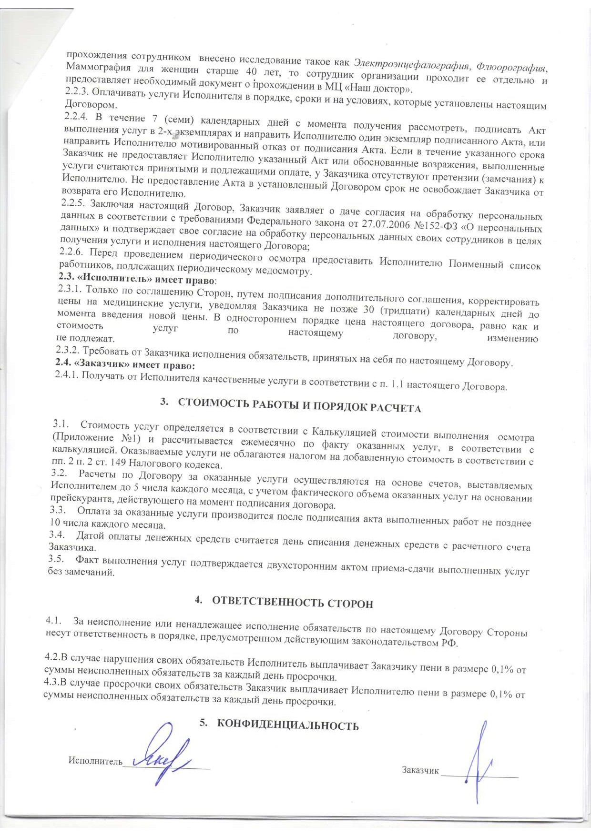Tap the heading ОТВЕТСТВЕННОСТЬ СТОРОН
point(292,603)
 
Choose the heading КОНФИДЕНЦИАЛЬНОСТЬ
point(287,725)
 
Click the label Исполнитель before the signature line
point(95,761)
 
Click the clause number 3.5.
point(56,559)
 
